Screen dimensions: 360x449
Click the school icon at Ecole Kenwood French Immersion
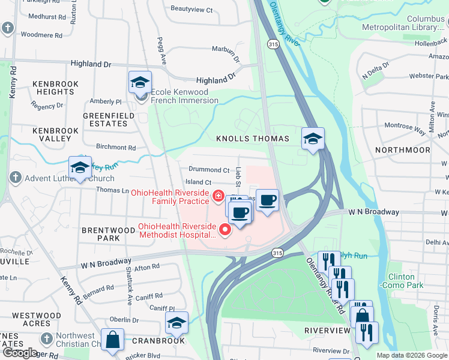(x=140, y=82)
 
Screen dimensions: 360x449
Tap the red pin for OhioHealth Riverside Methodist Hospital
(x=226, y=229)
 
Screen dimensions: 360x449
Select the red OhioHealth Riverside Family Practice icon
(x=218, y=195)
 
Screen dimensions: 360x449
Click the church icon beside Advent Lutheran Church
(x=14, y=178)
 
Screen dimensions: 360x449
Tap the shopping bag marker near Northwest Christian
(x=112, y=340)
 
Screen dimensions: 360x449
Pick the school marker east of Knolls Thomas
(x=313, y=139)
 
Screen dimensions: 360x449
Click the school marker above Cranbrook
(x=176, y=323)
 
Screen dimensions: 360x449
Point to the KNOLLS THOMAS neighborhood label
(x=252, y=139)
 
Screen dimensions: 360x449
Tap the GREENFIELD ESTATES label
(x=105, y=119)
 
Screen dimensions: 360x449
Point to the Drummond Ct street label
(x=209, y=170)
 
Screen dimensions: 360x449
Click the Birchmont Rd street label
(x=116, y=147)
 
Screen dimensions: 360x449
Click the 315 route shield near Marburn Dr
(x=273, y=44)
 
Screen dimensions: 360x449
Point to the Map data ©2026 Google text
(x=411, y=355)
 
